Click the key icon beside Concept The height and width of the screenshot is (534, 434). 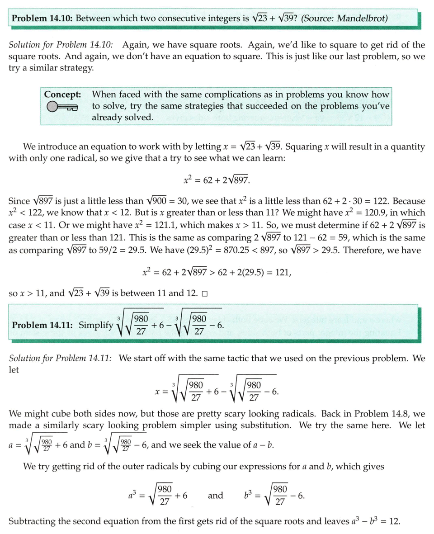(62, 107)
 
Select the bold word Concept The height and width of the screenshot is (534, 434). (63, 95)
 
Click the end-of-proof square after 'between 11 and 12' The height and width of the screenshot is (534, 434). (205, 293)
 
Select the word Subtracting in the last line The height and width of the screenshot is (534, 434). (32, 521)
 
